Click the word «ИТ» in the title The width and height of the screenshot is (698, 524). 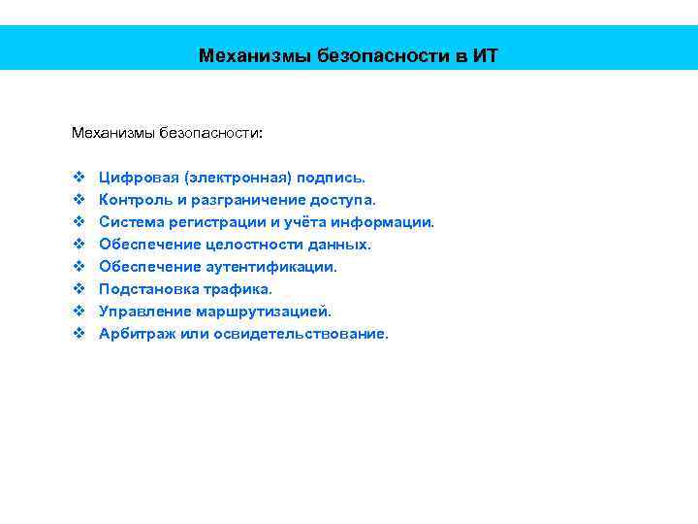tap(486, 55)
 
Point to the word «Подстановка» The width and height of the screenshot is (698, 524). tap(144, 289)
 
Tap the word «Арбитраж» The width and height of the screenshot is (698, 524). tap(134, 334)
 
